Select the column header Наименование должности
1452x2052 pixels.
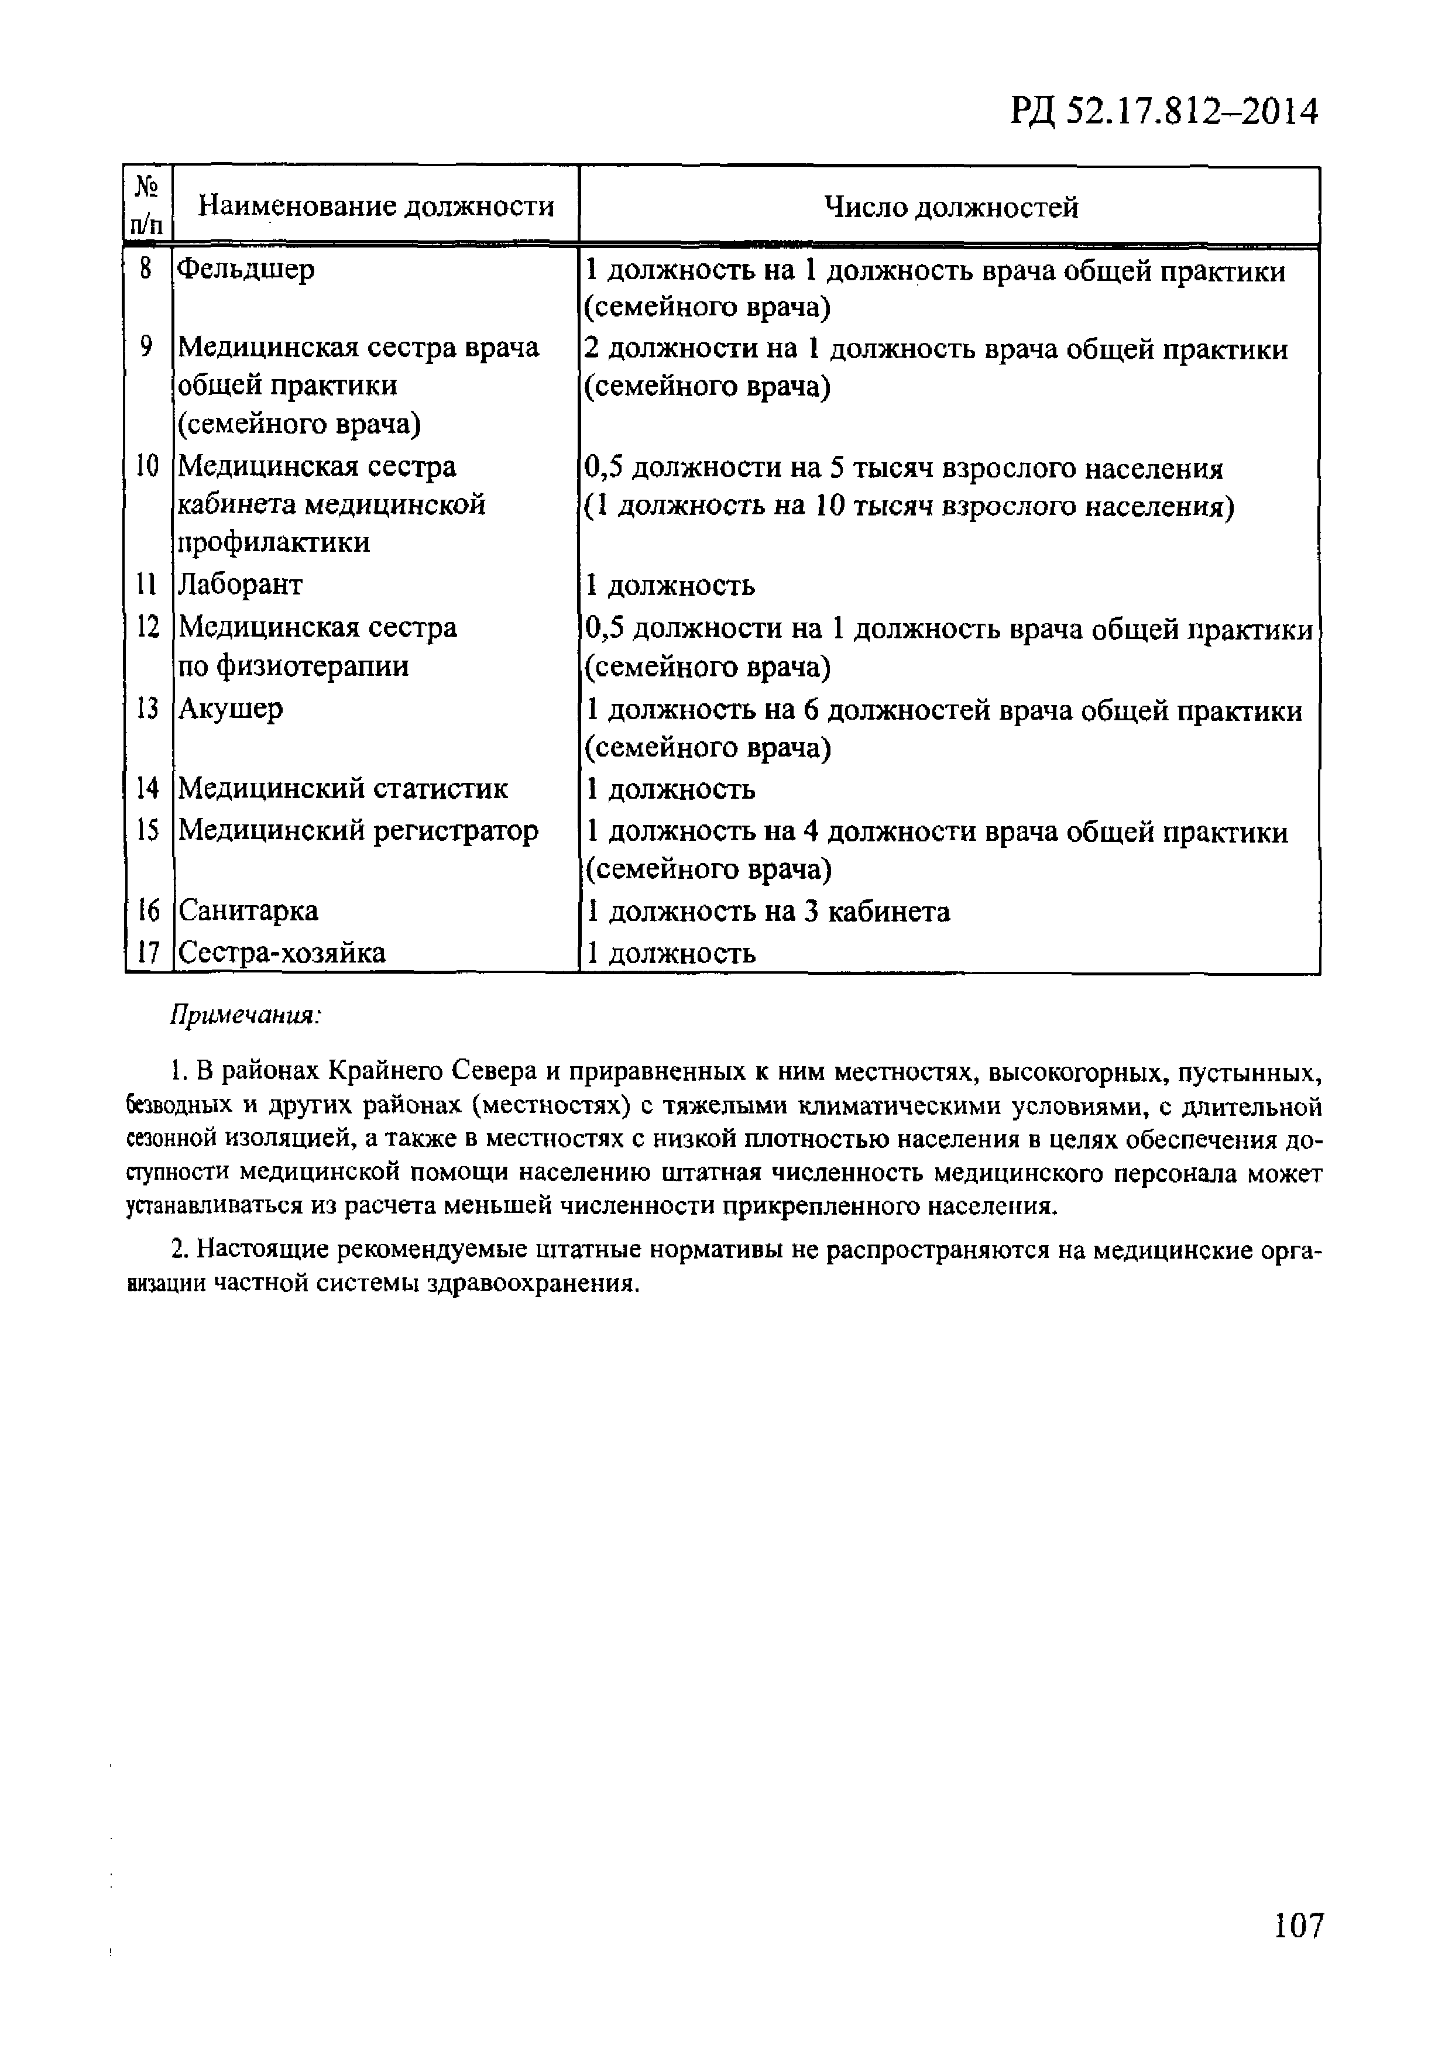pos(376,207)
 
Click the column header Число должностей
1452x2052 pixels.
pos(950,207)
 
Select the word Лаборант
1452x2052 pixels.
pos(241,585)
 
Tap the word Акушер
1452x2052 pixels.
pos(231,709)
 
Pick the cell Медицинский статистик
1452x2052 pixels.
pos(344,788)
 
